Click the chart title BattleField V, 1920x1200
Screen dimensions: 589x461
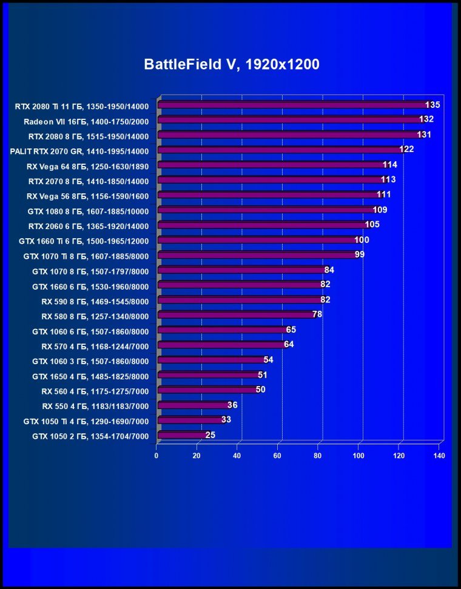(x=231, y=64)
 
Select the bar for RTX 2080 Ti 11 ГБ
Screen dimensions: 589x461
(x=291, y=105)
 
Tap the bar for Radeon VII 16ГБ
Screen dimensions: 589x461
(x=288, y=120)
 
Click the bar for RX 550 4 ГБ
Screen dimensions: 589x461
(x=192, y=405)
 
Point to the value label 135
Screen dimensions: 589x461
(x=432, y=104)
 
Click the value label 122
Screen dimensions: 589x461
(x=406, y=149)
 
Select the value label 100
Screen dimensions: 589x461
(x=362, y=239)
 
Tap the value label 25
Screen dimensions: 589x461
(x=210, y=434)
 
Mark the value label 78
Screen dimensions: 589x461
(x=317, y=314)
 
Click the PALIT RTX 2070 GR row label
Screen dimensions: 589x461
(x=79, y=150)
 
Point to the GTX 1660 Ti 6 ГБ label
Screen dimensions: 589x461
(x=84, y=241)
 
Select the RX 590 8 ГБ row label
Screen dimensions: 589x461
(x=95, y=301)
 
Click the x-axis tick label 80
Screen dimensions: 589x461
(x=318, y=456)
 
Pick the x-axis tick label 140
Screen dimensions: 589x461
(x=440, y=456)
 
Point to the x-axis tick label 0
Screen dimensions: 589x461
(x=156, y=456)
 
